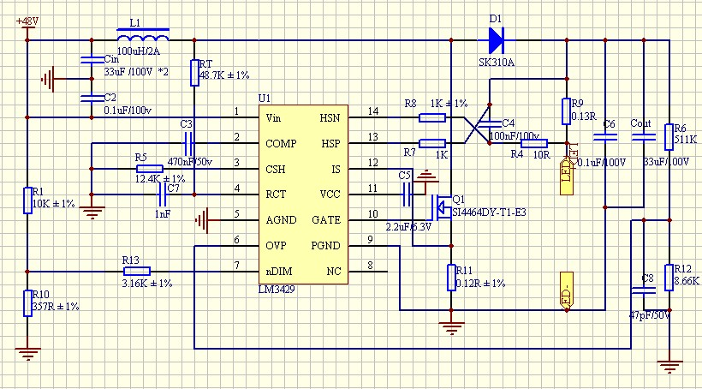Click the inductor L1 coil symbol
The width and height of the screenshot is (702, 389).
pyautogui.click(x=142, y=37)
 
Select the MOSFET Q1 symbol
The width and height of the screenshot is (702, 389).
pyautogui.click(x=439, y=205)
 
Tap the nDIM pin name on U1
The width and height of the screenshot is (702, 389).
pyautogui.click(x=280, y=272)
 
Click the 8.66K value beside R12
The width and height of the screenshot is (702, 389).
pyautogui.click(x=687, y=281)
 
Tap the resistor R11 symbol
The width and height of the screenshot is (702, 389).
pyautogui.click(x=451, y=278)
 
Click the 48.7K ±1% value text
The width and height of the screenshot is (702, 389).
pyautogui.click(x=224, y=76)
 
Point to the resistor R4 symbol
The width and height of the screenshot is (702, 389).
pyautogui.click(x=534, y=142)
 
